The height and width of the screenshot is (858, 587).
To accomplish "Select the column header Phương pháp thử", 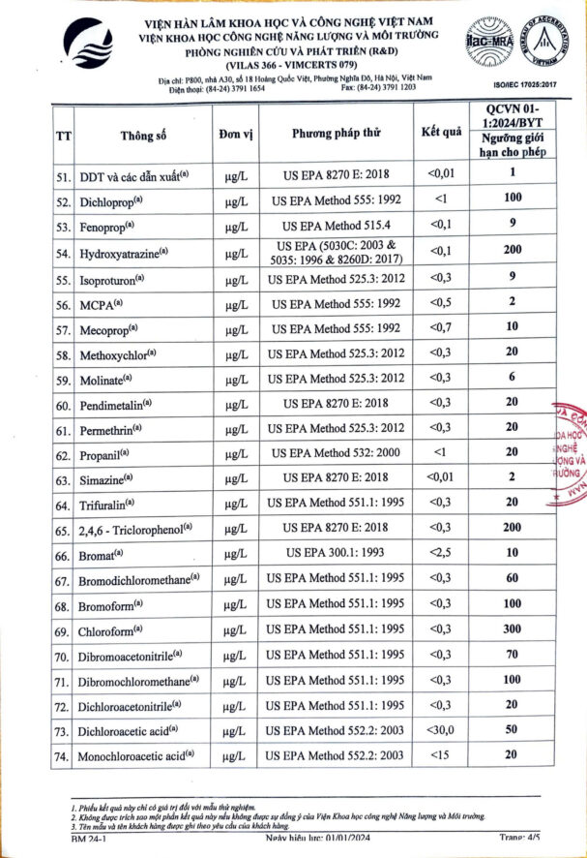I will [337, 136].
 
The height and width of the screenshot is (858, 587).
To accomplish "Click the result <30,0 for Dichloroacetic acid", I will [441, 729].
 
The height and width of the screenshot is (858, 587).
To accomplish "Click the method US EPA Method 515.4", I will [336, 226].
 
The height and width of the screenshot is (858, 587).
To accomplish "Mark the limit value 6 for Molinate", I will [513, 377].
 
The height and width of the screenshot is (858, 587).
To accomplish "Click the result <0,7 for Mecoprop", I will [441, 328].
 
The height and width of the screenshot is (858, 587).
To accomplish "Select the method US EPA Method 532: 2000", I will [336, 452].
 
